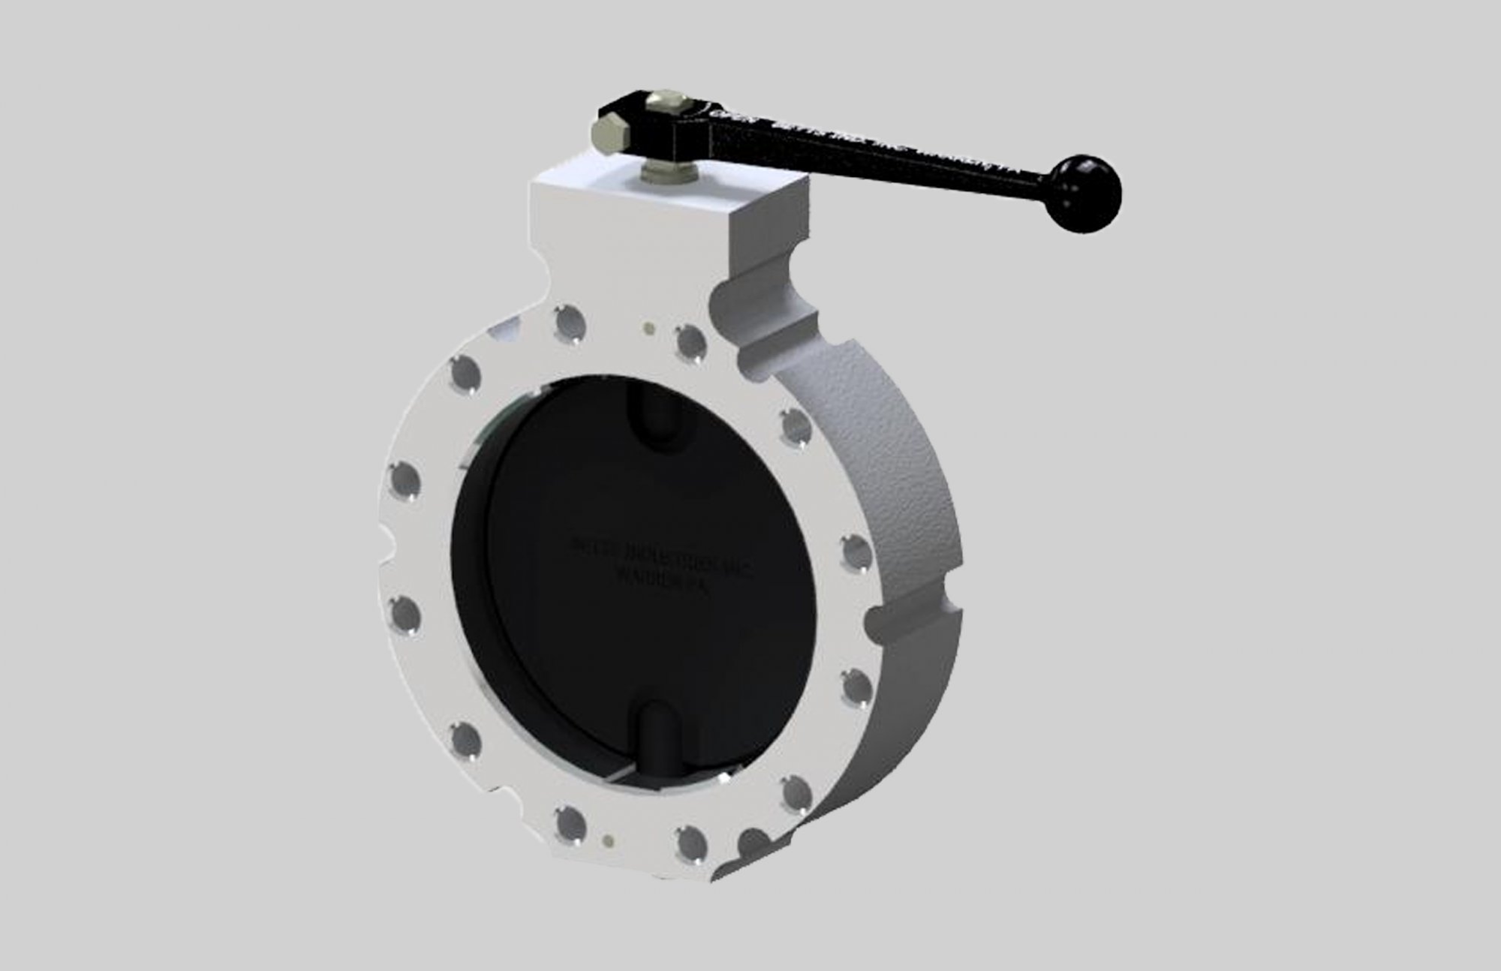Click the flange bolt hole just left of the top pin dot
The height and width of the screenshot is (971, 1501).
pyautogui.click(x=570, y=323)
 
